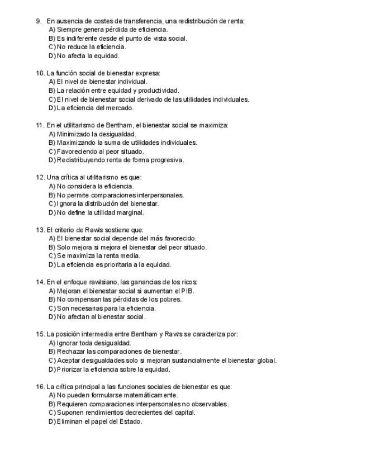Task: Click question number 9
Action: (x=39, y=21)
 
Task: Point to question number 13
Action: (x=40, y=230)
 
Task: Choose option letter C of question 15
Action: (x=52, y=361)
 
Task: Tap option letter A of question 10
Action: (x=52, y=82)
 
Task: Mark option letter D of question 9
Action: (x=52, y=56)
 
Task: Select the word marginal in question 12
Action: (x=131, y=212)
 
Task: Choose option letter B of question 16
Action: (x=52, y=404)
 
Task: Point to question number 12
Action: (x=40, y=177)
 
